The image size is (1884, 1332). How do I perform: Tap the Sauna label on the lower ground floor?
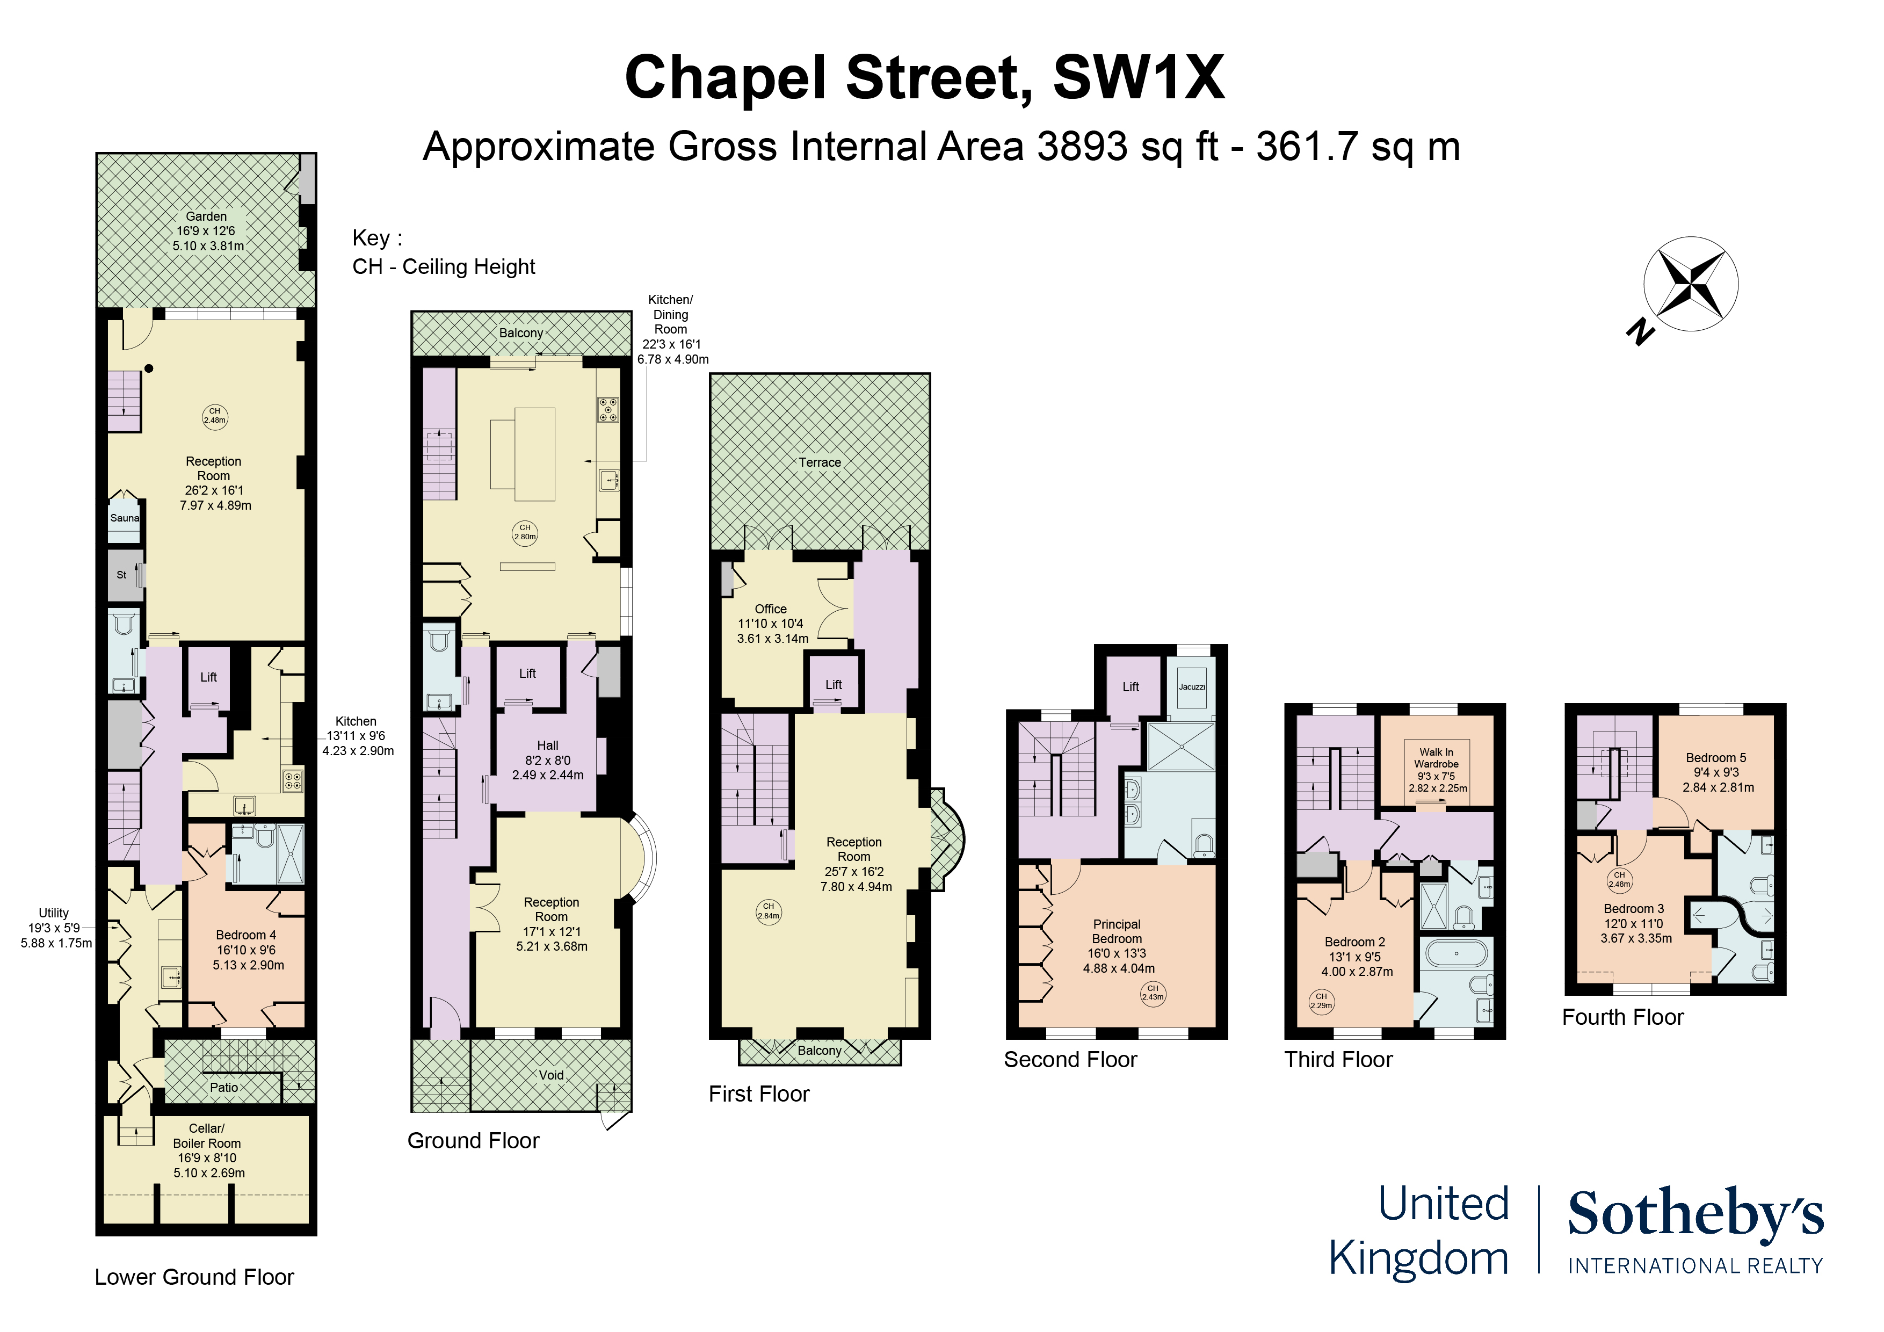coord(125,518)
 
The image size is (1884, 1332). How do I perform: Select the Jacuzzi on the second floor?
coord(1191,687)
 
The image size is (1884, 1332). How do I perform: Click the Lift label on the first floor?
coord(834,684)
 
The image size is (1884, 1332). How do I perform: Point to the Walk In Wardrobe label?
coord(1437,757)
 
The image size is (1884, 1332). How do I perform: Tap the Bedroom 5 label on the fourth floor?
coord(1716,757)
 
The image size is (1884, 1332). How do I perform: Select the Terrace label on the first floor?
coord(820,462)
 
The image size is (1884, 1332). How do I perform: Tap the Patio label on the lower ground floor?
coord(224,1088)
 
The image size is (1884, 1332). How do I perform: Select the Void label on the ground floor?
coord(552,1075)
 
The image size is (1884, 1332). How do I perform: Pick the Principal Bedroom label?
coord(1117,931)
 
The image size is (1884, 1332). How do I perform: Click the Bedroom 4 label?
coord(246,935)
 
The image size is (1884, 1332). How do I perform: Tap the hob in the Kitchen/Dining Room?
coord(608,409)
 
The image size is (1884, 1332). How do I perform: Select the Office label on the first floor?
coord(771,609)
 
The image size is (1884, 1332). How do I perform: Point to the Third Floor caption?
coord(1338,1060)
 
